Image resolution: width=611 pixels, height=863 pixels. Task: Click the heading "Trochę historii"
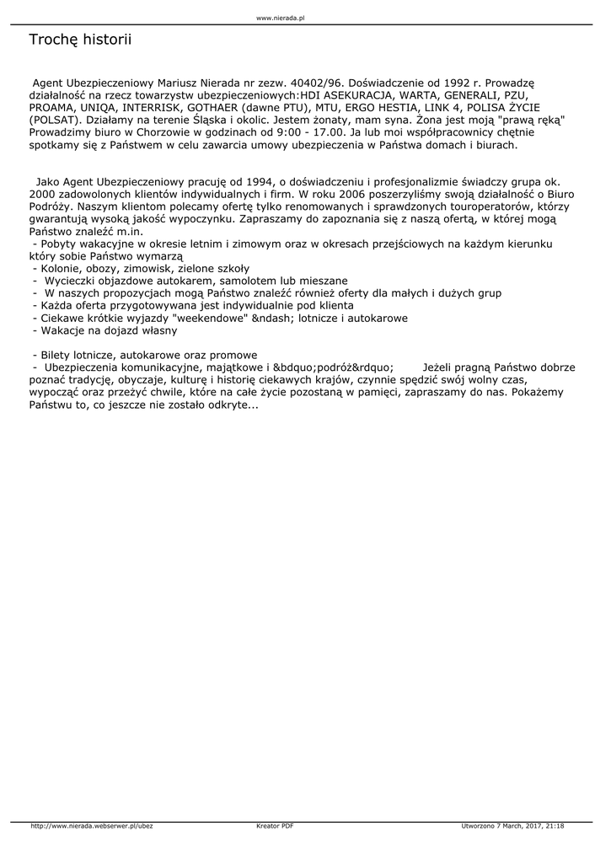[80, 40]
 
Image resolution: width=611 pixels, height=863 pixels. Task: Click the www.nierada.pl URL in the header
[280, 17]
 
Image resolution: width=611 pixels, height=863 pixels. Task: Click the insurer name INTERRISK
[153, 108]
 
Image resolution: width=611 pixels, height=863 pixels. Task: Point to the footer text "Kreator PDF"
[275, 826]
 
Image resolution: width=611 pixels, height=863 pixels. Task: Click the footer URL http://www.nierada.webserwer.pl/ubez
[91, 826]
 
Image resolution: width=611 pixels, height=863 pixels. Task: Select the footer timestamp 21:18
[555, 826]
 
